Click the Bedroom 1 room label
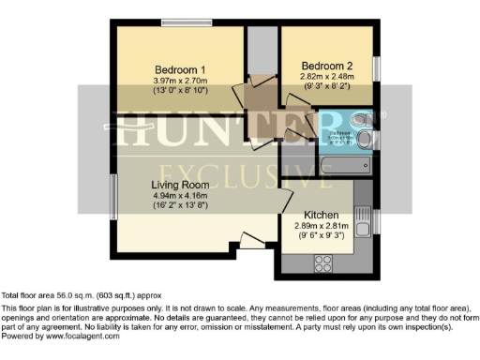click(x=179, y=69)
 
